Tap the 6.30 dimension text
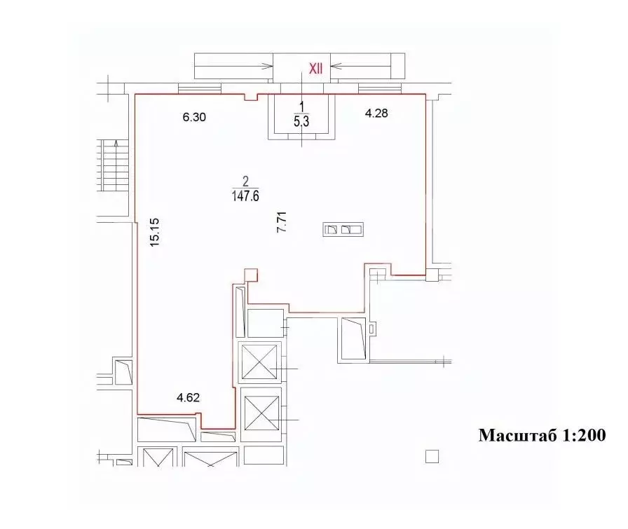194,118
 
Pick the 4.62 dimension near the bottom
189,398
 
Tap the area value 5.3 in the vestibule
302,121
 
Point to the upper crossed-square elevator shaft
261,362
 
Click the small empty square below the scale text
432,457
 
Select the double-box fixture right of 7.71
343,229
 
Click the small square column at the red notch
250,275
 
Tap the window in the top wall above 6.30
200,88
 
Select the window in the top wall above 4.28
379,88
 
